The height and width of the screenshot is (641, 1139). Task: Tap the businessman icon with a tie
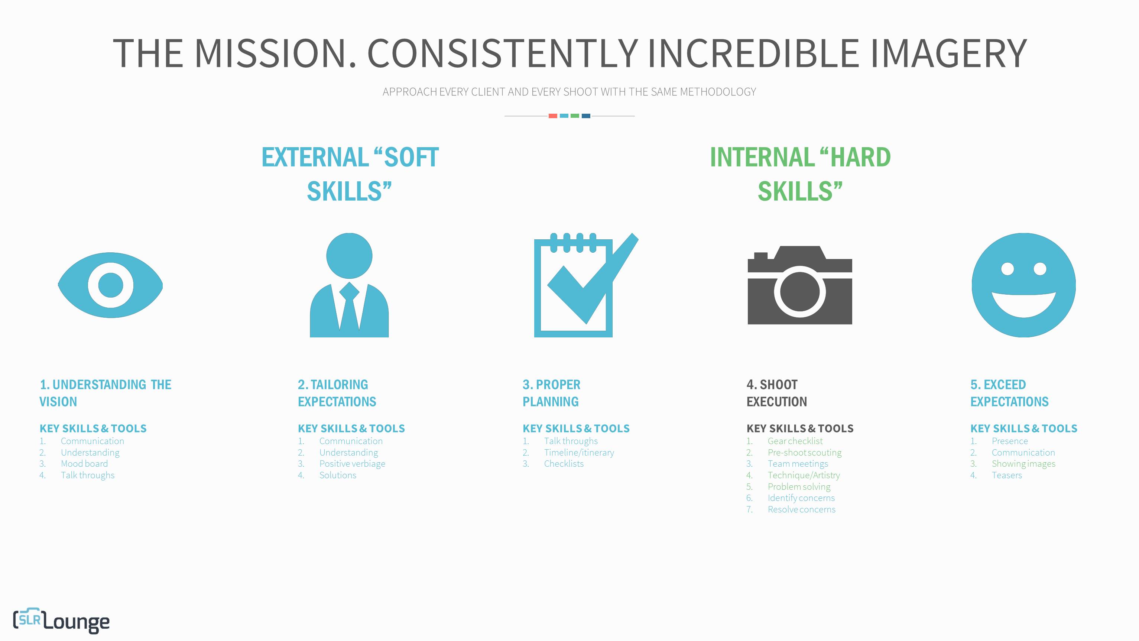349,285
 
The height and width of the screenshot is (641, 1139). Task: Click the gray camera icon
799,285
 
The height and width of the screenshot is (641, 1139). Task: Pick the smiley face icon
1023,285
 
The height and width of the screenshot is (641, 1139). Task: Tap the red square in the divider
553,116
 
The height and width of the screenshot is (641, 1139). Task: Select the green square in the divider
575,116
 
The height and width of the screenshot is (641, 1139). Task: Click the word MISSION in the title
275,53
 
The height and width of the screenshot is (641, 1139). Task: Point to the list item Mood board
84,464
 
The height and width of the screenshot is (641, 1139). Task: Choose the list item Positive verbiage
352,464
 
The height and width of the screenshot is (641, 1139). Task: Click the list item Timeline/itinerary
579,453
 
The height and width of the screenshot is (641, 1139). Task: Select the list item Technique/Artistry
804,475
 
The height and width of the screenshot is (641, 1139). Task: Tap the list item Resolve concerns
801,509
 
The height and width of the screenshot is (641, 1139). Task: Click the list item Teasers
1007,475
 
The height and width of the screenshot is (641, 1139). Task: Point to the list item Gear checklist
795,441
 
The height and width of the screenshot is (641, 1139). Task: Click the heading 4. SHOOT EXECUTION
776,393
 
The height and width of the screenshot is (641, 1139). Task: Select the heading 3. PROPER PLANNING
551,393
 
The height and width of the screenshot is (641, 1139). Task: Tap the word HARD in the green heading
860,157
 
